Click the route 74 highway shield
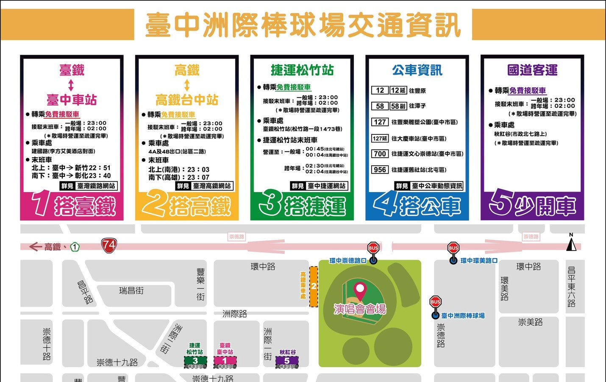pyautogui.click(x=109, y=245)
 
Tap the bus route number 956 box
pyautogui.click(x=380, y=170)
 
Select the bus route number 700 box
pyautogui.click(x=380, y=154)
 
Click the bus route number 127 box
pyautogui.click(x=380, y=122)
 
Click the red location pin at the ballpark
pyautogui.click(x=360, y=291)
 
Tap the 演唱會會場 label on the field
pyautogui.click(x=360, y=309)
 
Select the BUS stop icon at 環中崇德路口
pyautogui.click(x=373, y=248)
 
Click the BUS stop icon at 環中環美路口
pyautogui.click(x=453, y=248)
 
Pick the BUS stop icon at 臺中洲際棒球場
pyautogui.click(x=436, y=303)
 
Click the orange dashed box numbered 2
pyautogui.click(x=314, y=286)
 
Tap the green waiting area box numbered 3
pyautogui.click(x=195, y=361)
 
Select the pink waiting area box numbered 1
pyautogui.click(x=225, y=361)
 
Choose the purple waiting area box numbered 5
pyautogui.click(x=287, y=361)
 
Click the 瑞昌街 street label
pyautogui.click(x=131, y=291)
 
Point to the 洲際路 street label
pyautogui.click(x=235, y=314)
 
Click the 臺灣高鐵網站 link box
pyautogui.click(x=212, y=186)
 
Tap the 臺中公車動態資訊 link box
pyautogui.click(x=437, y=186)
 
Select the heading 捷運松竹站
pyautogui.click(x=302, y=70)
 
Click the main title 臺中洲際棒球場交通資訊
pyautogui.click(x=303, y=25)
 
